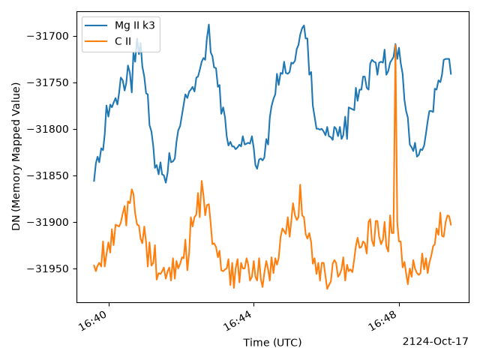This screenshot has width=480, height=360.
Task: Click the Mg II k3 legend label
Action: [x=135, y=25]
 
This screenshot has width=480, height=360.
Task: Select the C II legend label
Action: [x=123, y=41]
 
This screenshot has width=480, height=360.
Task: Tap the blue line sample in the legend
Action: [x=96, y=25]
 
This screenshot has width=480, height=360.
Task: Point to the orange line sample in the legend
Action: [x=96, y=41]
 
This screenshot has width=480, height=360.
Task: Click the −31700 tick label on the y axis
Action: [x=48, y=37]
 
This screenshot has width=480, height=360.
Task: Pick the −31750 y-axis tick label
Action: [x=48, y=83]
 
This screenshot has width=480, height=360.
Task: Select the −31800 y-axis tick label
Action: [x=48, y=130]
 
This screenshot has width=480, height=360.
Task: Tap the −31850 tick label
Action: [x=48, y=176]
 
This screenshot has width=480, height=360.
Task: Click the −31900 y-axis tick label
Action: [x=48, y=222]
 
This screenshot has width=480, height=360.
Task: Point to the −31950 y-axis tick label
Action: [x=48, y=268]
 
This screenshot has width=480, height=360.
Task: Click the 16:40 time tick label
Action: [x=93, y=320]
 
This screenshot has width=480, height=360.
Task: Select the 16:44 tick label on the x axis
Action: [x=238, y=320]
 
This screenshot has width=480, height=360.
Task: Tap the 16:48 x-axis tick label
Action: [x=383, y=320]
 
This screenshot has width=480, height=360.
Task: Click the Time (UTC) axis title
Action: [x=272, y=342]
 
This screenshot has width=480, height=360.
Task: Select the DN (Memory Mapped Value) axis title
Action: [x=16, y=157]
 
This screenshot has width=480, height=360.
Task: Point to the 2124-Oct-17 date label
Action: [x=435, y=341]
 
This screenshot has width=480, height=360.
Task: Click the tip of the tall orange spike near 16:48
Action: [x=395, y=44]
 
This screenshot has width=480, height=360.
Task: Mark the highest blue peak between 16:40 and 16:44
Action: [x=208, y=24]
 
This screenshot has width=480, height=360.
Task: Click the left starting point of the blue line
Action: [x=94, y=181]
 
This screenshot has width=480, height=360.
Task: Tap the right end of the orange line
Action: [x=451, y=225]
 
